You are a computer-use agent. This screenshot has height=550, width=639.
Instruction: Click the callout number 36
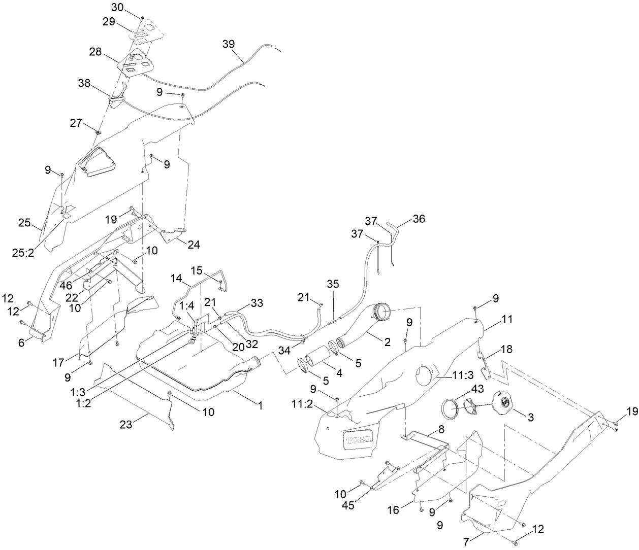point(419,219)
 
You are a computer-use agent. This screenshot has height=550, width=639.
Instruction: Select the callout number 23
point(125,425)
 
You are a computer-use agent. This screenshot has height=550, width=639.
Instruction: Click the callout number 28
point(95,52)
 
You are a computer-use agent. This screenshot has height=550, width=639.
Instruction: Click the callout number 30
point(117,7)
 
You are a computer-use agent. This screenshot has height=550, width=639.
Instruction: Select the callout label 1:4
point(186,319)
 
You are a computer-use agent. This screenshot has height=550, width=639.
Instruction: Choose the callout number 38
point(85,82)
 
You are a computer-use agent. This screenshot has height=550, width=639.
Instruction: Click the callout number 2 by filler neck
point(387,342)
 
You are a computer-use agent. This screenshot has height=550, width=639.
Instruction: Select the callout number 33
point(257,303)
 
